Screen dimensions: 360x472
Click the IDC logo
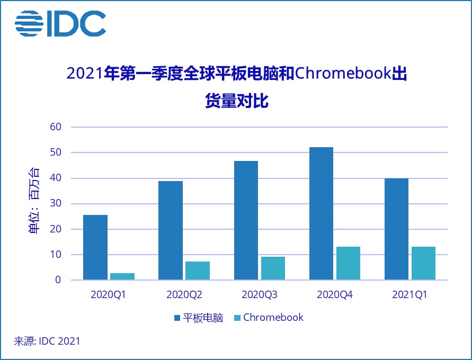60,23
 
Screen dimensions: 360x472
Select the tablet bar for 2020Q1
95,247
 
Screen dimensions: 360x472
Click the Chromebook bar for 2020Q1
122,276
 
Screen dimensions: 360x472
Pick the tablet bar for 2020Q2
171,230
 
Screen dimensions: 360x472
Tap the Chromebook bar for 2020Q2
198,271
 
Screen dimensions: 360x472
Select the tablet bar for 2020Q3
246,220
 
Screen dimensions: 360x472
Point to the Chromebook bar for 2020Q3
273,268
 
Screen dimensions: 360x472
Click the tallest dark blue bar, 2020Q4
321,213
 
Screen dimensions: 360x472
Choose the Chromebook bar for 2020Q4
348,263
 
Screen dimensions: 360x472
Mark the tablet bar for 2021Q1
396,229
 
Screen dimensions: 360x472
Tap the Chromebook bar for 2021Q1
423,263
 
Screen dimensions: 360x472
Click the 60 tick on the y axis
56,127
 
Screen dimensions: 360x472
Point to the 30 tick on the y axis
56,204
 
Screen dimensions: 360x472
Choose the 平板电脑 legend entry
199,318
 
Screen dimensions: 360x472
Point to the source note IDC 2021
47,341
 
